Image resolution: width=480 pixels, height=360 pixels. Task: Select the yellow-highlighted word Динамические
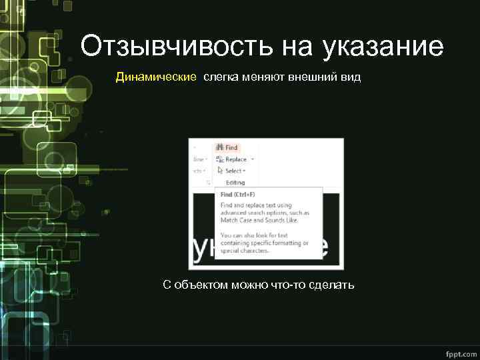156,77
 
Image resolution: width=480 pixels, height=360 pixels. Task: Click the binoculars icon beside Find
219,147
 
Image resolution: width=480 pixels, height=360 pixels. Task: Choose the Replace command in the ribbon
235,159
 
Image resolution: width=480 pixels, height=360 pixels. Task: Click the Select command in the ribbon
234,171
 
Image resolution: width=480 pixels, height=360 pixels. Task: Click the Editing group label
235,183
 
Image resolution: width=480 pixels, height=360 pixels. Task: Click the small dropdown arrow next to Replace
253,159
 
